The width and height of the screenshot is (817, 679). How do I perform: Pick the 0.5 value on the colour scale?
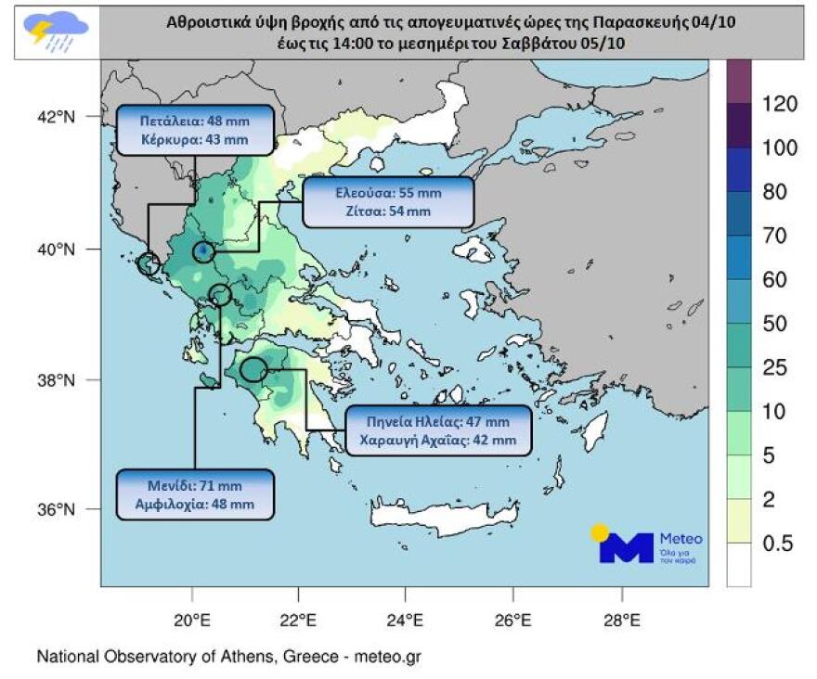pyautogui.click(x=778, y=544)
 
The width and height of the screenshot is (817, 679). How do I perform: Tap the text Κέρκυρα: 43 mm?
pyautogui.click(x=195, y=140)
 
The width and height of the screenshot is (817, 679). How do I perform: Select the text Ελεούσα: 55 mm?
pyautogui.click(x=388, y=194)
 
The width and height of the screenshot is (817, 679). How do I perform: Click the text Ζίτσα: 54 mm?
pyautogui.click(x=388, y=211)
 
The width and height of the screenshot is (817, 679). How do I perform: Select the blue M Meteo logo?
pyautogui.click(x=627, y=546)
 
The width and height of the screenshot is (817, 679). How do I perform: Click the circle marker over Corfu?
pyautogui.click(x=149, y=264)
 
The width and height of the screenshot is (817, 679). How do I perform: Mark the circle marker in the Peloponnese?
pyautogui.click(x=253, y=370)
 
